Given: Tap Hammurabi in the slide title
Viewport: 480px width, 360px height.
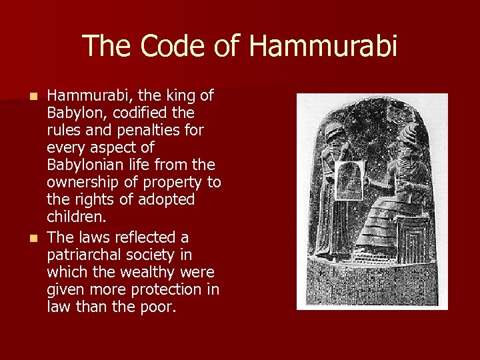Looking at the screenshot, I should pyautogui.click(x=323, y=47).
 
